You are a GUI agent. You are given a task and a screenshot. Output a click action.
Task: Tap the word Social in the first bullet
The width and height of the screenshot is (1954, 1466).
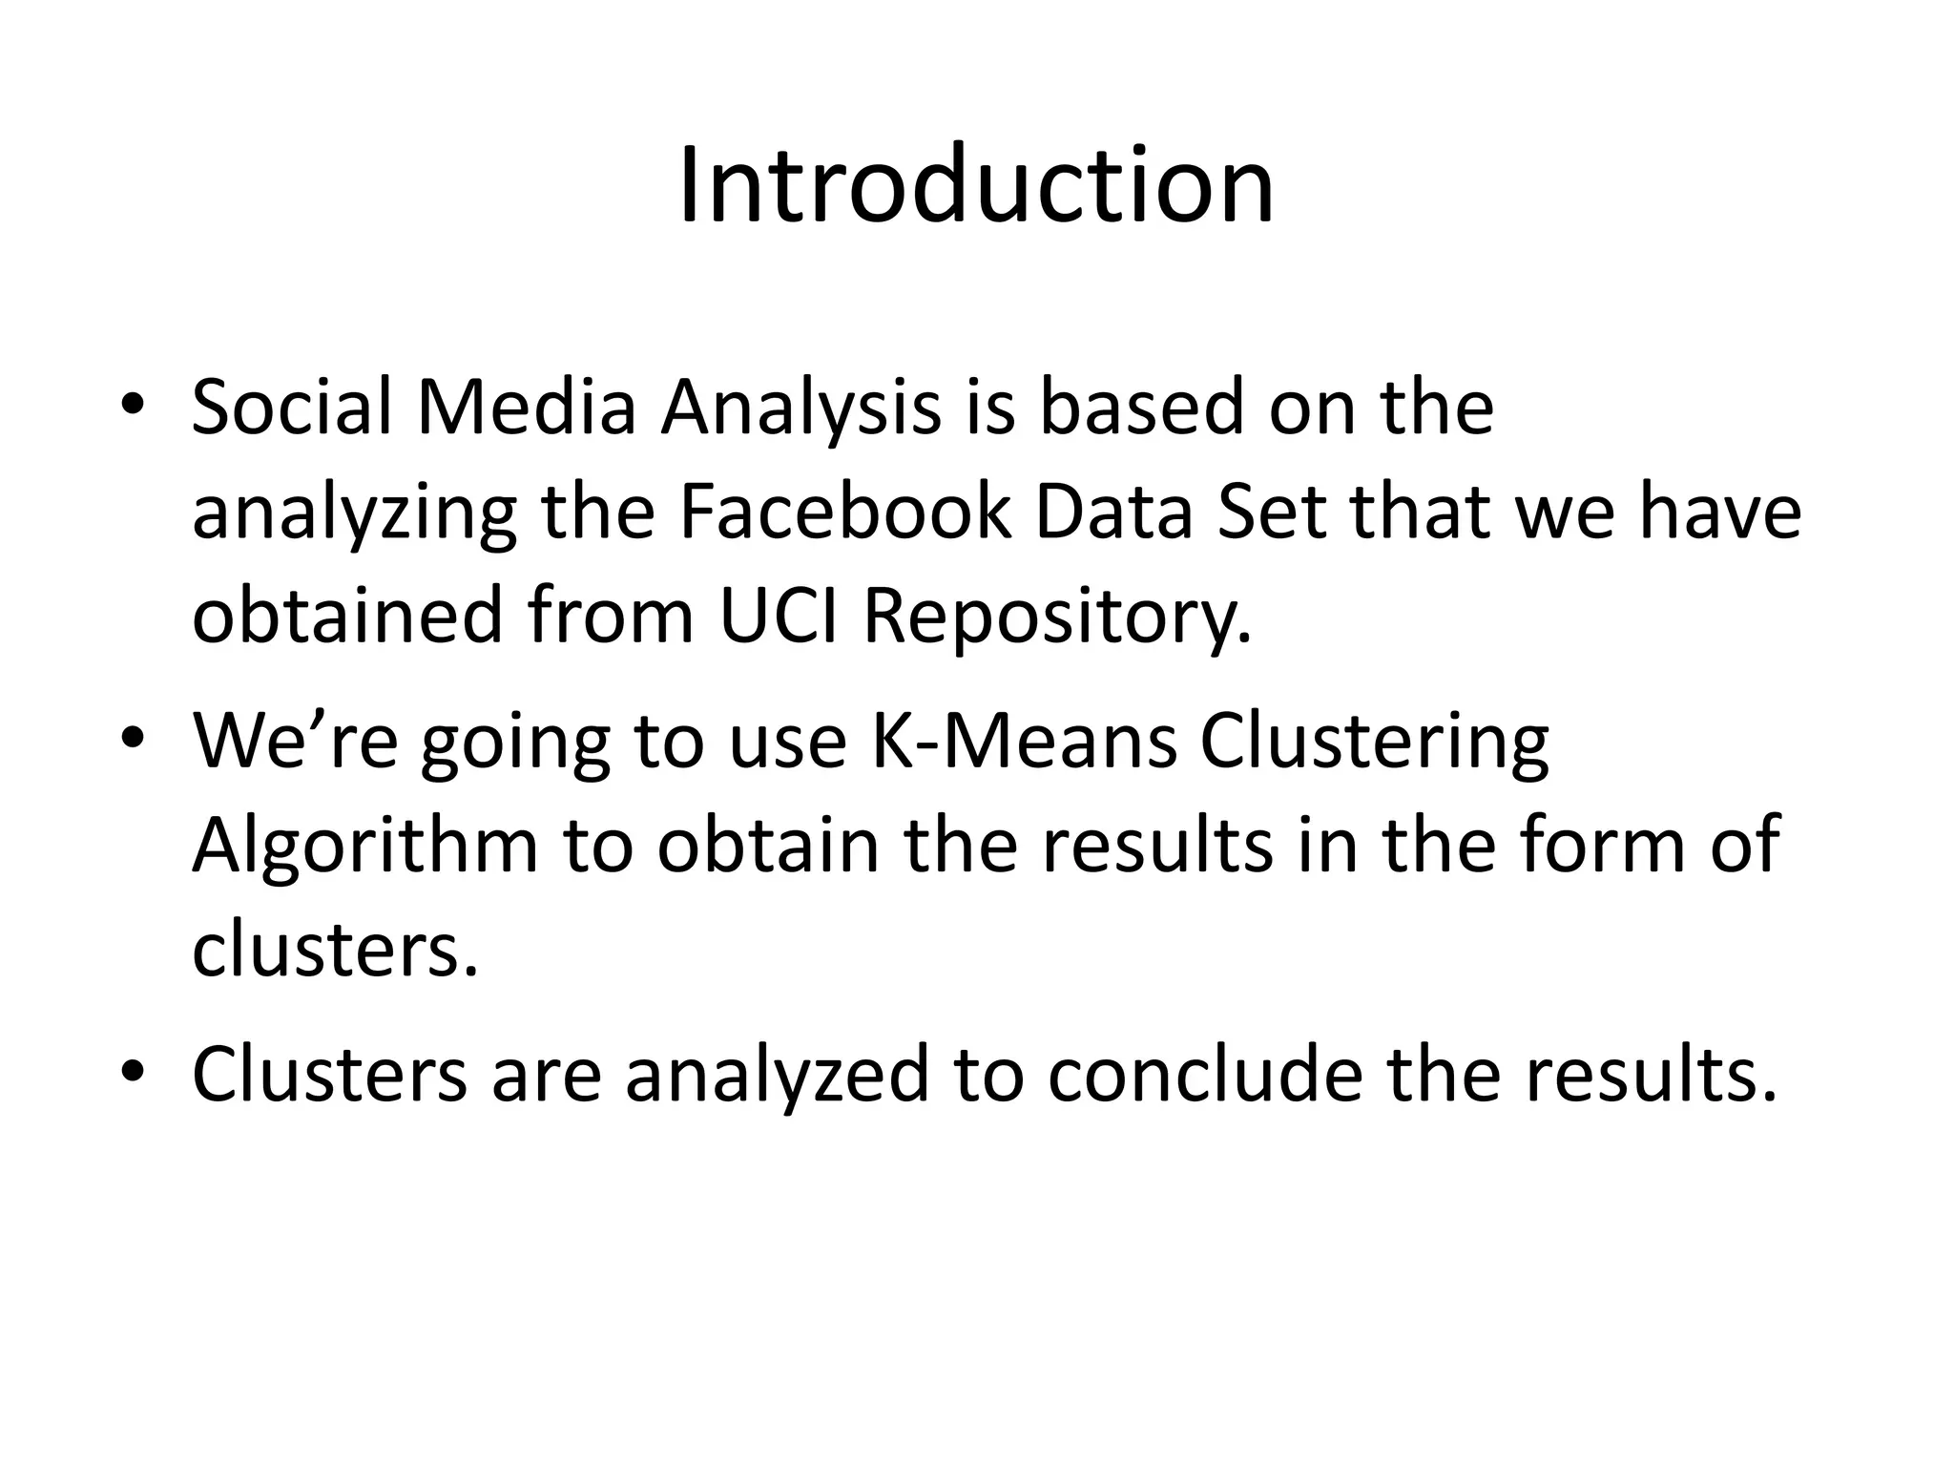pos(292,408)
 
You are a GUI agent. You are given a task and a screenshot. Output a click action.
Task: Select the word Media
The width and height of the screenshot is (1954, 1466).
pos(527,408)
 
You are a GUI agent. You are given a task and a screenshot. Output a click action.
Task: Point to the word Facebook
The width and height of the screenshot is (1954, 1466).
pos(844,513)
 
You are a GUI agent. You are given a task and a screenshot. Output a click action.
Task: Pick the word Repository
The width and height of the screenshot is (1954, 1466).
pos(1057,618)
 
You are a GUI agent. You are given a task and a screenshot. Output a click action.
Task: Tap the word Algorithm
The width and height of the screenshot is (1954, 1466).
pos(365,847)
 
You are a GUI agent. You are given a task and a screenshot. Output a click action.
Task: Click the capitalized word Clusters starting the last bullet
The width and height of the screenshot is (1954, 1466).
pos(330,1074)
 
